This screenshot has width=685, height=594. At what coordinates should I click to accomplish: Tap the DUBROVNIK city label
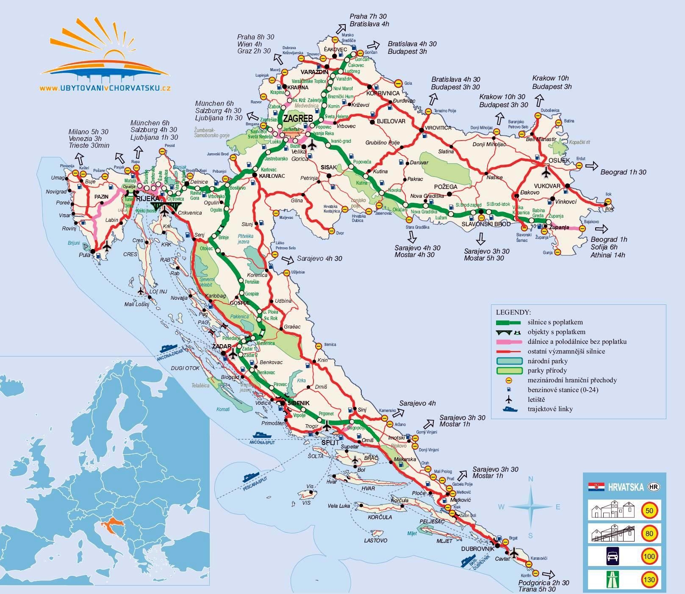pyautogui.click(x=477, y=549)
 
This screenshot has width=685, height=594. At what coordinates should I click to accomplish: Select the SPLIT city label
pyautogui.click(x=330, y=442)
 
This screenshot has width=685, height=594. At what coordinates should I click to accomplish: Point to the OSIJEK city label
pyautogui.click(x=559, y=160)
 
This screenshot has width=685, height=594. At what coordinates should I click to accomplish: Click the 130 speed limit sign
pyautogui.click(x=649, y=579)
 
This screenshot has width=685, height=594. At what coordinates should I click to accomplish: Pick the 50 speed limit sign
pyautogui.click(x=649, y=511)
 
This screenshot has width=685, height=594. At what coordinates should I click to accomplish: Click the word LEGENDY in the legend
pyautogui.click(x=513, y=312)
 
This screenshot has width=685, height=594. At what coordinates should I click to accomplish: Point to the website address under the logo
pyautogui.click(x=105, y=88)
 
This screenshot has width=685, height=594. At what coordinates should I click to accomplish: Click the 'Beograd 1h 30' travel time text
pyautogui.click(x=623, y=172)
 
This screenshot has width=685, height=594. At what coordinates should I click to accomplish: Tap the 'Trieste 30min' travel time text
pyautogui.click(x=89, y=145)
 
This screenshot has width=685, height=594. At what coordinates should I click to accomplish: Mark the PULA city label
pyautogui.click(x=85, y=256)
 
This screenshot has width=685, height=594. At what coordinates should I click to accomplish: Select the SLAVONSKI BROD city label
pyautogui.click(x=486, y=224)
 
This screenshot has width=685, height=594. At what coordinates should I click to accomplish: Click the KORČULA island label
pyautogui.click(x=380, y=517)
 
